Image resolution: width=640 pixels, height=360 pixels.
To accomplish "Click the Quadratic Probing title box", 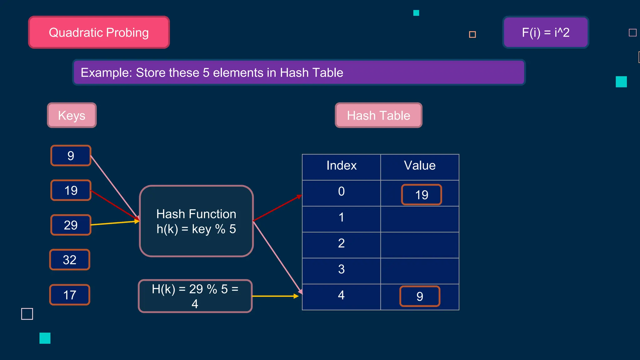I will [x=99, y=32].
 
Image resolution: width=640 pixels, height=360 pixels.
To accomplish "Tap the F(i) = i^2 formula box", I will [x=546, y=32].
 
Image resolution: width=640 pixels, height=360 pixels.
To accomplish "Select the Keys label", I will [x=72, y=115].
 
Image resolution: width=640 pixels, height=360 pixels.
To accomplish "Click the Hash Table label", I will [x=378, y=115].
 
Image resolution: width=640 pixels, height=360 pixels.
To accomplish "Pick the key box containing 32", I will [x=70, y=260].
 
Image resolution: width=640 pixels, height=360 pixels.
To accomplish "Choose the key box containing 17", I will [x=70, y=295].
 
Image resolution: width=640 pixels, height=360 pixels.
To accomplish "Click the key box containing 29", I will [x=71, y=225].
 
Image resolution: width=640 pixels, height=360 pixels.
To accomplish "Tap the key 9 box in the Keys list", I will [x=71, y=156].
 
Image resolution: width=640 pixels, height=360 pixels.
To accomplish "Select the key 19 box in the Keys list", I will [x=71, y=190].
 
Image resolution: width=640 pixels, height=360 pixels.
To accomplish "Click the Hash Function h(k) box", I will [x=196, y=221].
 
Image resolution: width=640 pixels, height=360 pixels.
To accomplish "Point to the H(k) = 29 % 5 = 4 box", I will [x=195, y=296].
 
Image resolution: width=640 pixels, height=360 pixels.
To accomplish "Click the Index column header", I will [x=341, y=166].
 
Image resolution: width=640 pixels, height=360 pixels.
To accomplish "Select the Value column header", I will [x=420, y=166].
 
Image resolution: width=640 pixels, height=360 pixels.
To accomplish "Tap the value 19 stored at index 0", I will [x=422, y=195].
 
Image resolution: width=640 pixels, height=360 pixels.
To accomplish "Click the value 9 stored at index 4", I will [x=420, y=296].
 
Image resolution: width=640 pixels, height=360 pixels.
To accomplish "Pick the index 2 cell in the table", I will [x=341, y=243].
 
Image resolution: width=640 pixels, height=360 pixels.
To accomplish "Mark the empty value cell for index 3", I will [x=420, y=271].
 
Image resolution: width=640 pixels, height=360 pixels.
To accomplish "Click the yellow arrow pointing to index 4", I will [x=275, y=296].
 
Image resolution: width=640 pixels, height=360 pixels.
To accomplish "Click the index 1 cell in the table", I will [x=341, y=217].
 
